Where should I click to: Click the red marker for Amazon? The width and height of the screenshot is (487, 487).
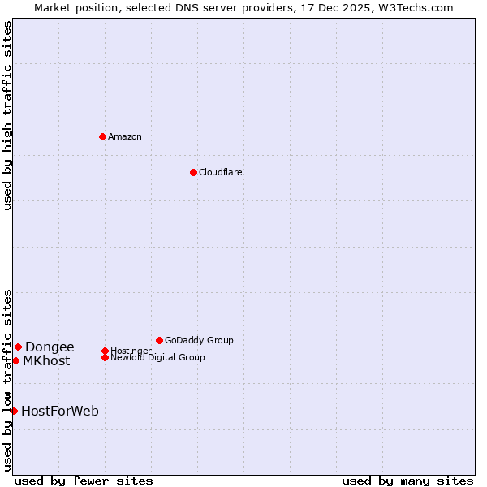102,136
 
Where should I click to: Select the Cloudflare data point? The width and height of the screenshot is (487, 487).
193,172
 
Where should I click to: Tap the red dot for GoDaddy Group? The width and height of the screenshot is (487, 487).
159,340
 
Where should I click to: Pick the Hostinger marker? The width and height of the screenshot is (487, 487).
105,351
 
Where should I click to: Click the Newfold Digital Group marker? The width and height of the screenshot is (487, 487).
105,357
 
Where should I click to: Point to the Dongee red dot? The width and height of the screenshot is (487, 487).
18,347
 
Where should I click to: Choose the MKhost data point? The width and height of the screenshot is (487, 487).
15,360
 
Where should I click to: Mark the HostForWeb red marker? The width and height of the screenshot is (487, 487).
14,411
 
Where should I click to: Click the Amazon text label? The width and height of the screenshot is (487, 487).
125,136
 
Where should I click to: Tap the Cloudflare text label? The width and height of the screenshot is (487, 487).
221,172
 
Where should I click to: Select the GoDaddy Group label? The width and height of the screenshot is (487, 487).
199,340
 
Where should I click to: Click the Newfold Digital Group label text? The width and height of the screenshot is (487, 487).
158,357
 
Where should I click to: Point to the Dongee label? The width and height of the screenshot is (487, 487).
50,347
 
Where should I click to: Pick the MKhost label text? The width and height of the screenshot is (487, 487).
46,360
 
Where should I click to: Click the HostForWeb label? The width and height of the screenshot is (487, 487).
60,411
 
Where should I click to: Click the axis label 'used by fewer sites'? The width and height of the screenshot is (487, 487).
84,481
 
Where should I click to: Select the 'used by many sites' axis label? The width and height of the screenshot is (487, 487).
407,481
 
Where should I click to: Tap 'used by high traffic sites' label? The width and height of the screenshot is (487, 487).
7,115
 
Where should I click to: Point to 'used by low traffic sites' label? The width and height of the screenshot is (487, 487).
7,380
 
